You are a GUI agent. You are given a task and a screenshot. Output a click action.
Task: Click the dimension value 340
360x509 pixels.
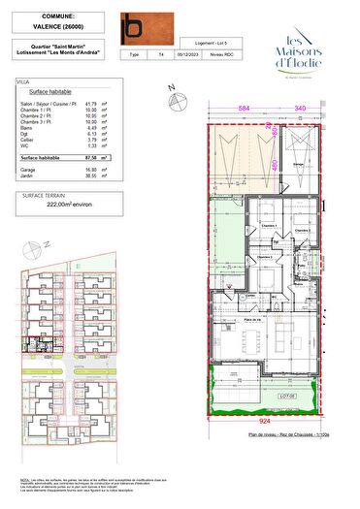(x=301, y=109)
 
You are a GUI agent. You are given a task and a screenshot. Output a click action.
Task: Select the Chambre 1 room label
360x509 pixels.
(x=269, y=226)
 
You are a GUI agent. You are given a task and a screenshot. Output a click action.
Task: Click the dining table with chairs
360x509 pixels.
(x=257, y=339)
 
